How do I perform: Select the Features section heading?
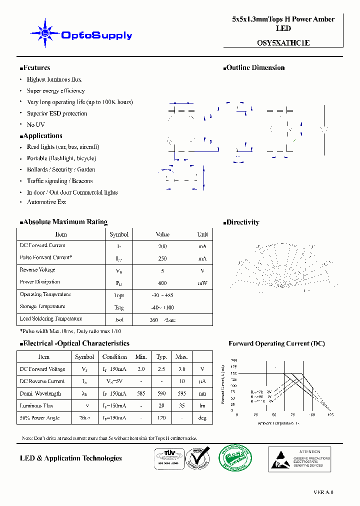[35, 68]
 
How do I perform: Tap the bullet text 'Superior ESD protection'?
[57, 113]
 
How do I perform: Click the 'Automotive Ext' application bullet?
[46, 202]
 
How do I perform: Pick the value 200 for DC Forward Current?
[162, 246]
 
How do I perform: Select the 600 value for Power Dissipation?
[162, 283]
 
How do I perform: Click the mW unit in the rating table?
[202, 283]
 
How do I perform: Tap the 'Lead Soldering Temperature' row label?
[50, 318]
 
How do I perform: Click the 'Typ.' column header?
[161, 357]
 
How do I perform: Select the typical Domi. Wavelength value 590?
[161, 394]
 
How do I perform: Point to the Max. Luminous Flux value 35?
[181, 406]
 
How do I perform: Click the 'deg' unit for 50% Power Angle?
[202, 418]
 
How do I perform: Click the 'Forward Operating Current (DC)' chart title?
[276, 343]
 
